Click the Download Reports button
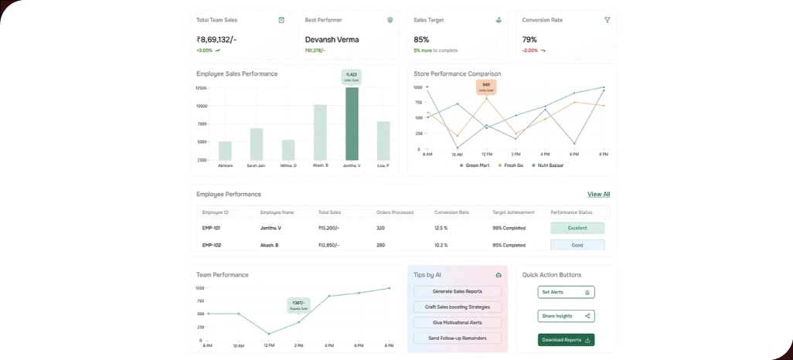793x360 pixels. click(566, 340)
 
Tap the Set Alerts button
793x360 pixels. click(566, 292)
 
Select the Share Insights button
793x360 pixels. click(566, 316)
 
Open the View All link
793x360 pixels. click(598, 194)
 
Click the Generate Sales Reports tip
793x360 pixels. click(458, 291)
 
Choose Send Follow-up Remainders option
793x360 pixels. click(458, 338)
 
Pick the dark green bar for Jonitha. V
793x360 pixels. click(352, 124)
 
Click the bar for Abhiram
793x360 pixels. click(225, 151)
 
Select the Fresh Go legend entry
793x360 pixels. click(511, 165)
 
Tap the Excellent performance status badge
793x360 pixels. click(577, 228)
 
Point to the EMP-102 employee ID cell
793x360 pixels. click(212, 245)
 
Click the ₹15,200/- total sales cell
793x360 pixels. click(330, 228)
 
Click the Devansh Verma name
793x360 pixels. click(332, 39)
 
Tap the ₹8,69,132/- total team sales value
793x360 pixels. click(216, 39)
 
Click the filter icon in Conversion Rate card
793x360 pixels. click(607, 20)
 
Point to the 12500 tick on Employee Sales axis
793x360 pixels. click(200, 88)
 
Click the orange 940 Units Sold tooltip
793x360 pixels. click(485, 87)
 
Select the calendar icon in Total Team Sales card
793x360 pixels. click(281, 20)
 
